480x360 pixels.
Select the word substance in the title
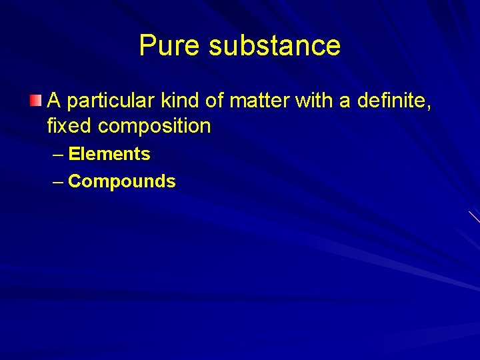274,46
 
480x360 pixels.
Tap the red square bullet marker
35,101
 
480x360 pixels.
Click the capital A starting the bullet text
55,101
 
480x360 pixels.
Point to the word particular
112,102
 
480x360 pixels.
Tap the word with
313,101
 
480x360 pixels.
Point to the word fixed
69,125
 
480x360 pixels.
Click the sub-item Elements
109,154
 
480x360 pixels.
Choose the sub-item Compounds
122,181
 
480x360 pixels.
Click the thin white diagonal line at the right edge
474,217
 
